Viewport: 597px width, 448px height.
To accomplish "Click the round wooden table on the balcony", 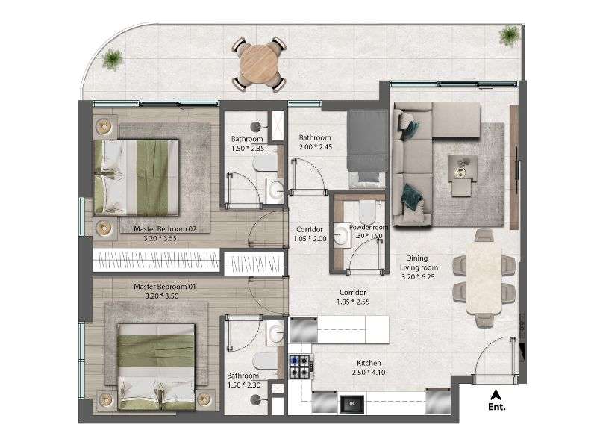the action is point(258,64).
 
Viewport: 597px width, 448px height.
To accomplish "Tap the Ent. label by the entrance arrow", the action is point(497,407).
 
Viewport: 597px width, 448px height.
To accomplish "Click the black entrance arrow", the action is point(496,395).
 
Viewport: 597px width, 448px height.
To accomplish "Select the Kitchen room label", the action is point(369,363).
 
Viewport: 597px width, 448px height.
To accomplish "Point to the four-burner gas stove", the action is point(301,366).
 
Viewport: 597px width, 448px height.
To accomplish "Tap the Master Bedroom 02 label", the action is point(165,229).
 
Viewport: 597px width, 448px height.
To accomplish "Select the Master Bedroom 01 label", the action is point(164,287).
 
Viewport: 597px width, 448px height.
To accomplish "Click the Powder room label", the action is point(368,228).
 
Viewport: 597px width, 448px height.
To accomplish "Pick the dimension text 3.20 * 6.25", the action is point(418,277).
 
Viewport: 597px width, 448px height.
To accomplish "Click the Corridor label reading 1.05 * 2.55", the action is point(353,297).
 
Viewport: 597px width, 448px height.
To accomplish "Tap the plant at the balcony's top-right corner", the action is point(510,35).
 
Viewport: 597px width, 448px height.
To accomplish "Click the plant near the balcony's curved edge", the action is point(112,60).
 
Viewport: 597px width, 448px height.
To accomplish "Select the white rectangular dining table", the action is point(484,278).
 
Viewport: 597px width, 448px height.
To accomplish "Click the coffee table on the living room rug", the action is point(462,172).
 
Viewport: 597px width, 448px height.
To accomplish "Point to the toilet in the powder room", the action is point(367,213).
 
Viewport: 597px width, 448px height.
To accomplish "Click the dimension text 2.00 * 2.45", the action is point(315,146).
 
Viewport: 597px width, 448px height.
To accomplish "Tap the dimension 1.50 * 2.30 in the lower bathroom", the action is point(244,385).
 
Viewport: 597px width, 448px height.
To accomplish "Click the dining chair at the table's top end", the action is point(484,235).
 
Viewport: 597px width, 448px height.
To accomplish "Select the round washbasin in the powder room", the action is point(343,235).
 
